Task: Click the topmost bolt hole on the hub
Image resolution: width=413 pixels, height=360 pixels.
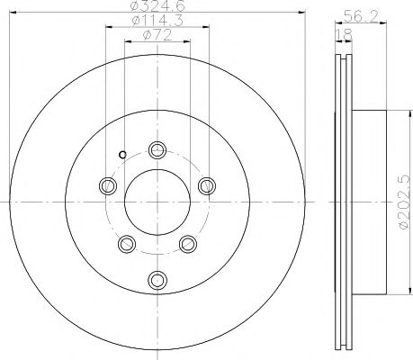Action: pyautogui.click(x=158, y=150)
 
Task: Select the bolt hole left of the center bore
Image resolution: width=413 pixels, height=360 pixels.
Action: pyautogui.click(x=108, y=185)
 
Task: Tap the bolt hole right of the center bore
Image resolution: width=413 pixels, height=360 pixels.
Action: pyautogui.click(x=208, y=185)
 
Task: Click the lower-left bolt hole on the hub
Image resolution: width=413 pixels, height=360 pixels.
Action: pyautogui.click(x=127, y=243)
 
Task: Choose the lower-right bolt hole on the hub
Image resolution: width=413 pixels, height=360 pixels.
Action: pyautogui.click(x=189, y=243)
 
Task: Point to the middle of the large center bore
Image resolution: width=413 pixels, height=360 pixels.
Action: pyautogui.click(x=158, y=203)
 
